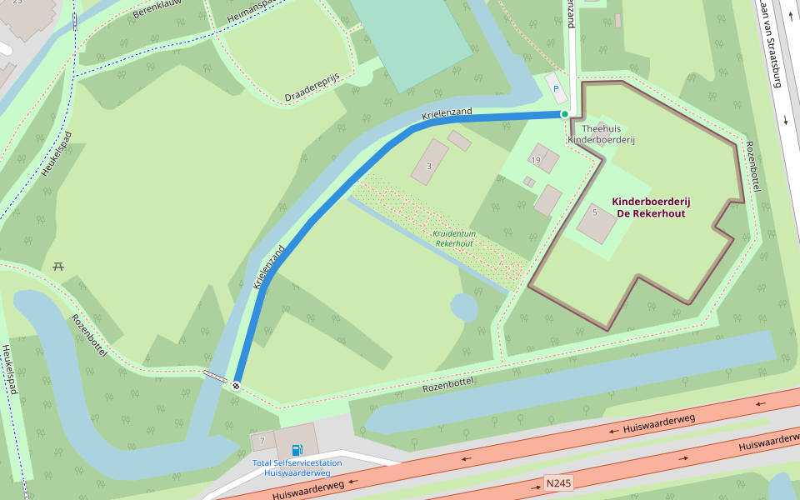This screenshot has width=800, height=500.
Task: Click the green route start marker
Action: (565, 114)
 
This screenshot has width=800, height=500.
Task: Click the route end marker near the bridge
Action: (237, 385)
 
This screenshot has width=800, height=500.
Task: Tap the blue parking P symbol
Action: (556, 88)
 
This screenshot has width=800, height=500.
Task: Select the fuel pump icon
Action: (297, 450)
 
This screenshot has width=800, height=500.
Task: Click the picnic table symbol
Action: (59, 267)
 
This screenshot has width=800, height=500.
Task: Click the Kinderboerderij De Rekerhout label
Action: (651, 207)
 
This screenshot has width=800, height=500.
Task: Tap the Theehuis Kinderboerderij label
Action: (601, 134)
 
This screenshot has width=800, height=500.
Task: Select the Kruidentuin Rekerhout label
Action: (454, 239)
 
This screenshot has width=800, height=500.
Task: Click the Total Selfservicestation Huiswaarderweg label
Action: (297, 467)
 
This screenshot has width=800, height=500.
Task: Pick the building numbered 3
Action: (429, 162)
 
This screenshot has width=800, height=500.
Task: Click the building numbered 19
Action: (544, 158)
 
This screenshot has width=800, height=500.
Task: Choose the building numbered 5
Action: (595, 222)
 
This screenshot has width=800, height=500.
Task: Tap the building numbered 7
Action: (262, 440)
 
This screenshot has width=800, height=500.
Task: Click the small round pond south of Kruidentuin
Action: (464, 307)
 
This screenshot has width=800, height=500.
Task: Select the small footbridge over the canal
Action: (214, 377)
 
